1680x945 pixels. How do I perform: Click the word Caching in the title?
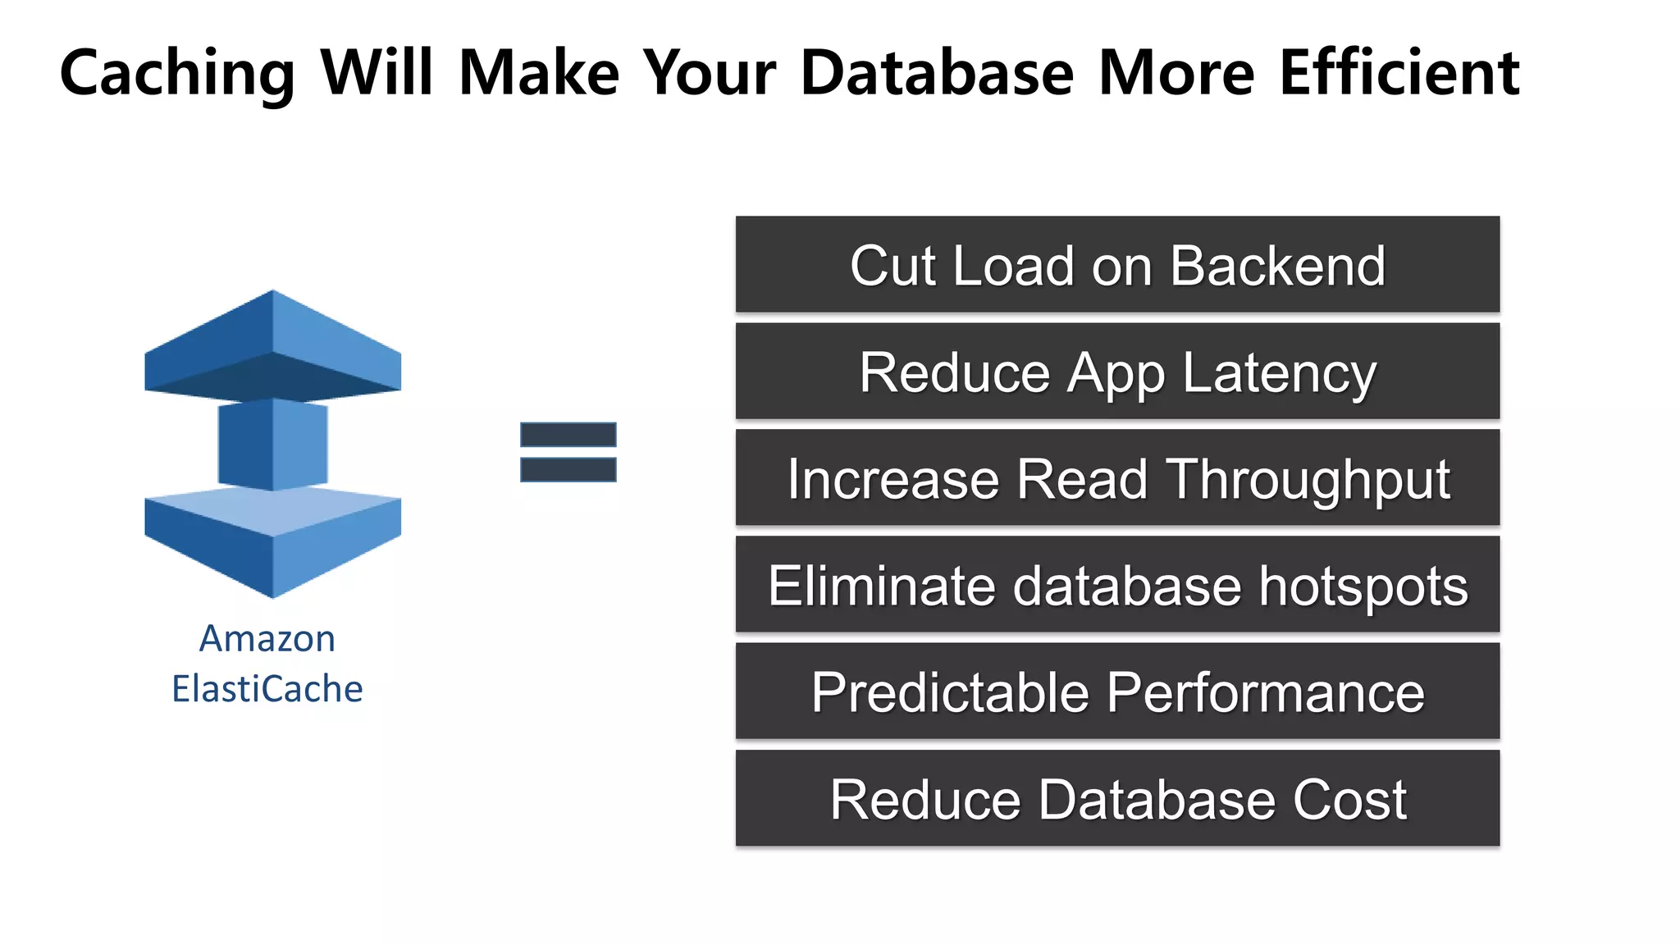(177, 74)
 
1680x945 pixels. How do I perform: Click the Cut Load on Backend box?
(1117, 264)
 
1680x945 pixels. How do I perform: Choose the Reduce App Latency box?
(1117, 371)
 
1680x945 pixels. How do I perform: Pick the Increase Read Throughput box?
(1117, 477)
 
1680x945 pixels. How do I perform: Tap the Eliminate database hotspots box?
(1117, 584)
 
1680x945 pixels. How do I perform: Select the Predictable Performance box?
(1117, 691)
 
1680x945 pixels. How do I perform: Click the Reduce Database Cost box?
(1117, 797)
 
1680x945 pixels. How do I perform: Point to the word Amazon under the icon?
(267, 639)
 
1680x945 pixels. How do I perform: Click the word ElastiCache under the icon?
(267, 688)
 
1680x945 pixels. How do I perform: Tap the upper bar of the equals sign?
(568, 435)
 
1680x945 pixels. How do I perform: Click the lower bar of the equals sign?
(568, 469)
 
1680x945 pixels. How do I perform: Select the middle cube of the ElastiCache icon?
(272, 445)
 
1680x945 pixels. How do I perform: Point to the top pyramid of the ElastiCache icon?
(272, 345)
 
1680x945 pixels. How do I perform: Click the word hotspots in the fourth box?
(1363, 586)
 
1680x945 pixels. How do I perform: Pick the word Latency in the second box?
(1280, 373)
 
